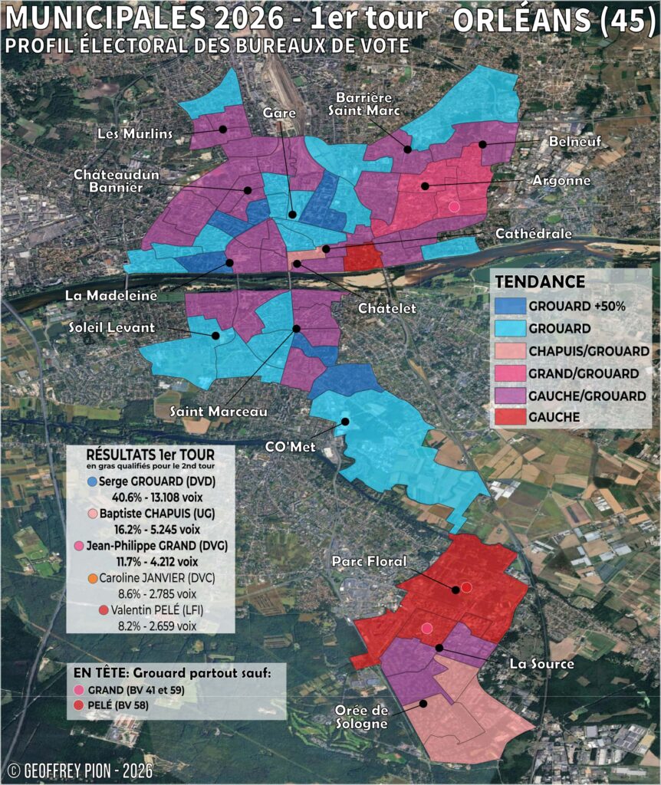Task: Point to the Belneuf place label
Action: pyautogui.click(x=574, y=142)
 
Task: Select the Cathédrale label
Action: pyautogui.click(x=533, y=233)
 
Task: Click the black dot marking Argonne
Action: pyautogui.click(x=423, y=186)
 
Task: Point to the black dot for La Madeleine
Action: pyautogui.click(x=229, y=264)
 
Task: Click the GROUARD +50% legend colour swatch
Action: pyautogui.click(x=508, y=305)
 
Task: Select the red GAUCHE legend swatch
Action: pyautogui.click(x=508, y=417)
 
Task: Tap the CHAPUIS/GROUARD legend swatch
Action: pyautogui.click(x=508, y=350)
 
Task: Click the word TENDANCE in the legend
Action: pyautogui.click(x=540, y=281)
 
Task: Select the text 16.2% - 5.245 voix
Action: pyautogui.click(x=151, y=528)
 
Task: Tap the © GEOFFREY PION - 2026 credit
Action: pyautogui.click(x=80, y=770)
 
